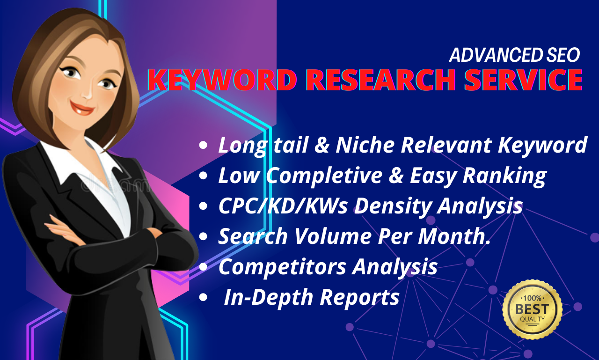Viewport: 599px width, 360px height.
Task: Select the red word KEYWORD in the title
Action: pos(222,80)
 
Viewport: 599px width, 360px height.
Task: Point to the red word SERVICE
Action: pos(523,80)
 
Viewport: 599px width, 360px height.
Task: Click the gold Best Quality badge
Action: pos(532,310)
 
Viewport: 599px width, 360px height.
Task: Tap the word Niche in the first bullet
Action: pos(365,145)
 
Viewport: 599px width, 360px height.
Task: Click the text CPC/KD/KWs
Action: pos(283,206)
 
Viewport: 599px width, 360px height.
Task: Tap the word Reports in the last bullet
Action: pos(360,297)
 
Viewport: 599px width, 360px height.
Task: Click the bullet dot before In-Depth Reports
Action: pos(203,297)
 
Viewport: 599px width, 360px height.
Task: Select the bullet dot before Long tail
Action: pos(203,145)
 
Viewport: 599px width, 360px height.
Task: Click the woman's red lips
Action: pos(82,107)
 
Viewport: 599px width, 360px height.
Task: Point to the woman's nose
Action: pos(88,92)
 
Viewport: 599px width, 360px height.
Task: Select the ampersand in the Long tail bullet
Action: pos(321,145)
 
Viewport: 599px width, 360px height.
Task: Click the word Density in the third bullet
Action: pos(393,206)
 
